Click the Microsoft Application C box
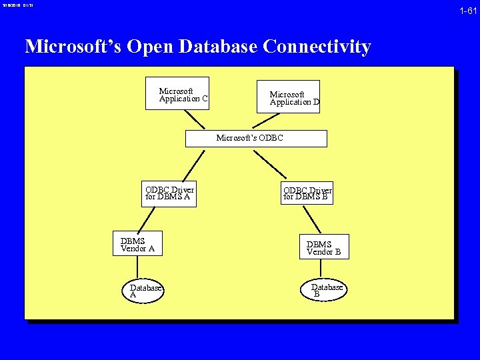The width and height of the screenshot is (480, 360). click(x=177, y=93)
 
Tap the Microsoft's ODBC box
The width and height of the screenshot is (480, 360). click(x=256, y=139)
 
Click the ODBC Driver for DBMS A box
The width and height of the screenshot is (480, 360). click(x=169, y=193)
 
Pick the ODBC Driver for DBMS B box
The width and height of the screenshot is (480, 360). click(x=307, y=193)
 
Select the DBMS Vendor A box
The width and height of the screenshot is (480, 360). click(x=137, y=244)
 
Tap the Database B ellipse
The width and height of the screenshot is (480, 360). click(x=327, y=289)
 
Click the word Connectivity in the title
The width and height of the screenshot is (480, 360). click(x=317, y=47)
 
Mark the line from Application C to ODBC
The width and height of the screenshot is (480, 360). click(x=195, y=119)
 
